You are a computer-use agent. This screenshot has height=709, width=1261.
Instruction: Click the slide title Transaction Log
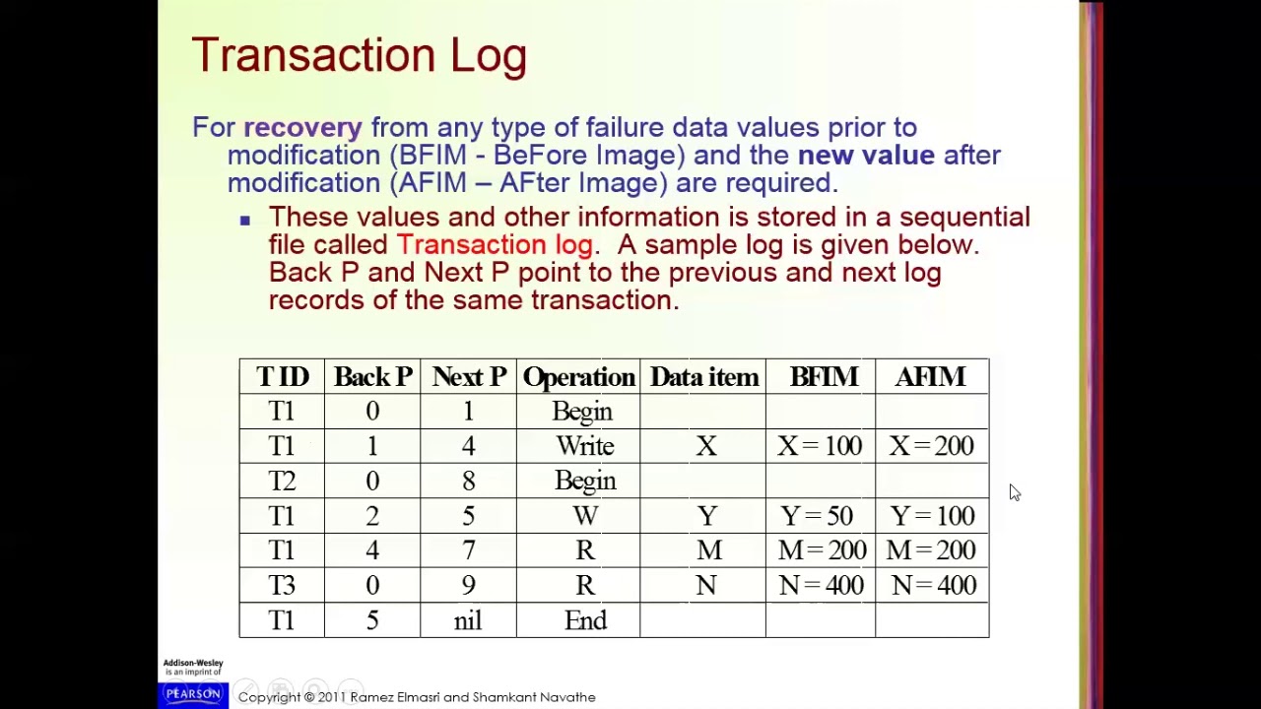[359, 55]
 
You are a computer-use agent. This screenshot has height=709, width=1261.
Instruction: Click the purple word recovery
[302, 128]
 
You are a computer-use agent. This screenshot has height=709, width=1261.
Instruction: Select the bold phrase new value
[866, 156]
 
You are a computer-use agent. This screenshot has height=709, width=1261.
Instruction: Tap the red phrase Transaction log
[495, 245]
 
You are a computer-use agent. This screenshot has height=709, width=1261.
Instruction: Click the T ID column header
[282, 377]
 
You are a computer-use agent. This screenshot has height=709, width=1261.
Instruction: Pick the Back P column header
[372, 377]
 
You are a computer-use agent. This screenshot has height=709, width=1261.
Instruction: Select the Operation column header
[578, 377]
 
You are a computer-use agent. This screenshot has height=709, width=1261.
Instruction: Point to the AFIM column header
[930, 377]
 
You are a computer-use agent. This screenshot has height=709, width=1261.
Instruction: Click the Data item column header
[703, 377]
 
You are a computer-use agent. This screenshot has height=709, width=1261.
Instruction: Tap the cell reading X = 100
[819, 446]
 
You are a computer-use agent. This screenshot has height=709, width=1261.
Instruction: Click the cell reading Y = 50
[817, 516]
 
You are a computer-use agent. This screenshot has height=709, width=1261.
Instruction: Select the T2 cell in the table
[282, 481]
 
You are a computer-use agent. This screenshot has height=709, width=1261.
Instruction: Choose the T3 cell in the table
[282, 586]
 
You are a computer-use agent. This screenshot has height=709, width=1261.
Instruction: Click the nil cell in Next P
[468, 620]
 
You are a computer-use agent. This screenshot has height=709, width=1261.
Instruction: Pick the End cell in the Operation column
[585, 620]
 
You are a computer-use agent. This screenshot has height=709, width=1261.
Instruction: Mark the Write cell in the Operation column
[585, 446]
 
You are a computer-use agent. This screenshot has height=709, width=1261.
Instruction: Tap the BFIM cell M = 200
[822, 550]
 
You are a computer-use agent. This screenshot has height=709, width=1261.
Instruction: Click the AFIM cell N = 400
[933, 586]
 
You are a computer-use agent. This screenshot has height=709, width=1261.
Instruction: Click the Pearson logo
[193, 694]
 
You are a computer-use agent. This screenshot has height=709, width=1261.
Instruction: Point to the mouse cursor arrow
[1015, 492]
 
